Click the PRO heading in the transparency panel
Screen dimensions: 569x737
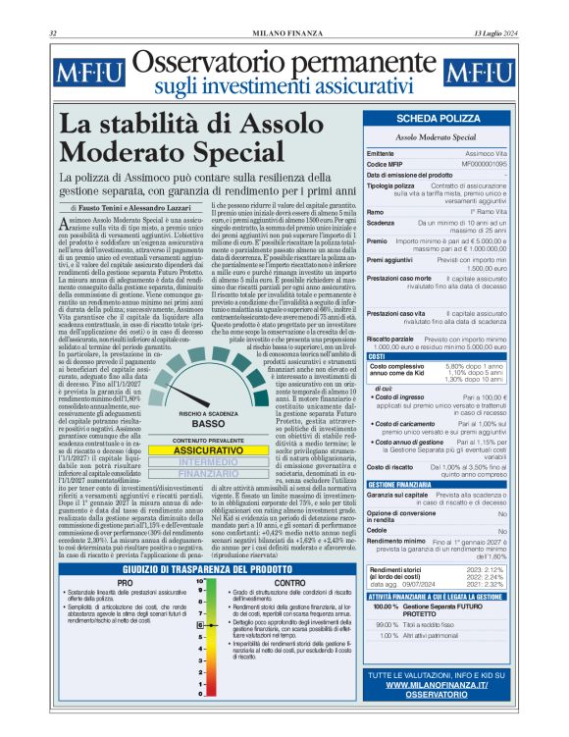point(125,582)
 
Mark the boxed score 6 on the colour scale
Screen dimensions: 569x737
point(200,651)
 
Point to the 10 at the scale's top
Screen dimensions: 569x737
point(200,581)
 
